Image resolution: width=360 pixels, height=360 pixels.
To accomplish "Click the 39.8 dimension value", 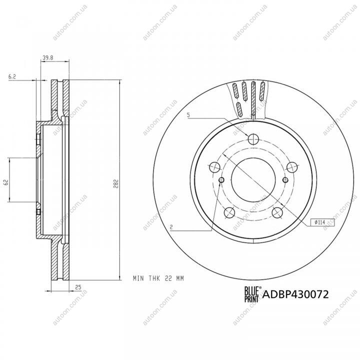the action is coord(48,58).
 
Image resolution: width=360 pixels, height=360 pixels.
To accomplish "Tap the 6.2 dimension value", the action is coord(12,77).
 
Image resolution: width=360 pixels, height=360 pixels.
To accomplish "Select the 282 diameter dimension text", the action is coord(116,183).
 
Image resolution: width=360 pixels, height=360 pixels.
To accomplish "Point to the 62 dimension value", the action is coord(6,182).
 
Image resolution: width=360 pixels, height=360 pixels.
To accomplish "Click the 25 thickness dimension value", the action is coord(78,287).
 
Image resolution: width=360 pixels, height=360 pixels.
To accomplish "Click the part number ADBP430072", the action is coord(295,294).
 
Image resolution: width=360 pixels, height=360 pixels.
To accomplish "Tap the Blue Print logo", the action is coord(252,294).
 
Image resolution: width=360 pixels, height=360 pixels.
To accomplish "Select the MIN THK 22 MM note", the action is coord(158,278).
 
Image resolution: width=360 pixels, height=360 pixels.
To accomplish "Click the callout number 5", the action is coord(188,115).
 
